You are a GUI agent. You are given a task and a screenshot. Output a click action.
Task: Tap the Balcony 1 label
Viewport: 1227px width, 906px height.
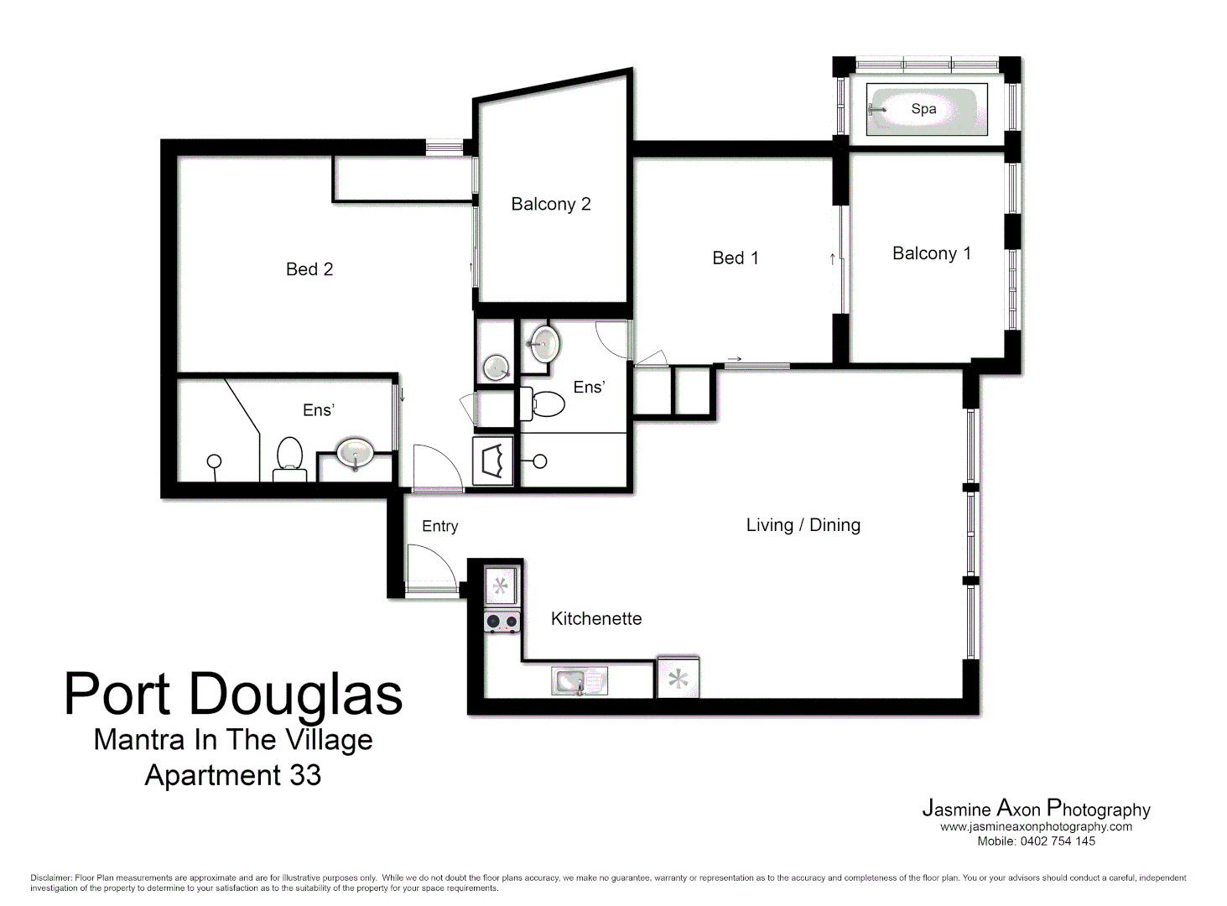point(931,253)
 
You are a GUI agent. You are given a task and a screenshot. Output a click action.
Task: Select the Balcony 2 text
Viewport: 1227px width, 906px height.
point(550,204)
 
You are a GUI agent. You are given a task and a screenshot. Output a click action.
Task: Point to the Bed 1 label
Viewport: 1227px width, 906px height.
point(735,258)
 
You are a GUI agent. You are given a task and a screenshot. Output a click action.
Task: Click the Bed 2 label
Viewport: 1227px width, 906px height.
point(309,269)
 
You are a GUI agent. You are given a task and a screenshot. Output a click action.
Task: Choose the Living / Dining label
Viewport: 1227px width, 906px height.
point(803,525)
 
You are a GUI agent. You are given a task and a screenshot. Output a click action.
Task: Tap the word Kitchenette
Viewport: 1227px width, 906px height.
point(595,619)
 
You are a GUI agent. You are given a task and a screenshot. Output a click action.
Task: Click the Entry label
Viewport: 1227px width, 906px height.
point(439,526)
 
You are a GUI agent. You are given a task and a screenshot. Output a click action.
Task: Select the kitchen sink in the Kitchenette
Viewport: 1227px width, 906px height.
point(579,681)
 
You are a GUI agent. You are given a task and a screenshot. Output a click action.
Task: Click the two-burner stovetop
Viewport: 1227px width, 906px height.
point(502,622)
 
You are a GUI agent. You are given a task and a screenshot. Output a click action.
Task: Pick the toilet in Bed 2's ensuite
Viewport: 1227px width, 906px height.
point(289,459)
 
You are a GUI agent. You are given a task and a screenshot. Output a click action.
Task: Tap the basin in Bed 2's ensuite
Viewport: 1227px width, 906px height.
point(355,454)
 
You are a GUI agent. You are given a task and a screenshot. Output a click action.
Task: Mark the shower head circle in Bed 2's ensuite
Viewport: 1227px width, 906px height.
point(214,461)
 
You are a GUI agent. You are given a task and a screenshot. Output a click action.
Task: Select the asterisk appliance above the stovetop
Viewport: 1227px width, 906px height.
point(501,586)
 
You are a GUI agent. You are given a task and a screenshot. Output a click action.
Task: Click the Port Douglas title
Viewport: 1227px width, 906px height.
point(233,695)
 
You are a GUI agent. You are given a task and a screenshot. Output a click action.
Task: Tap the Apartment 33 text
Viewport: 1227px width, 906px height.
point(232,775)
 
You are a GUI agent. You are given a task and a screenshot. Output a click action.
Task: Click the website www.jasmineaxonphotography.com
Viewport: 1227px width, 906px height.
point(1036,827)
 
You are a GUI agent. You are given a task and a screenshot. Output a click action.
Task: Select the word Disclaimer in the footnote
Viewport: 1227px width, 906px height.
point(50,878)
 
